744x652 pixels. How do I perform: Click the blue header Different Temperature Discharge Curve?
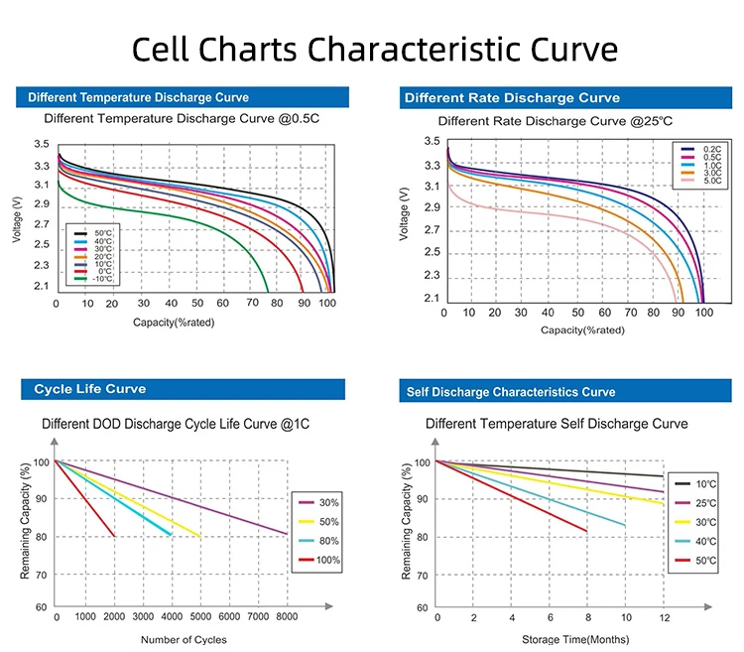pos(138,97)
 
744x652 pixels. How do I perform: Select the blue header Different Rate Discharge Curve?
pos(511,97)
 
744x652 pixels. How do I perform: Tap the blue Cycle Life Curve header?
pos(90,389)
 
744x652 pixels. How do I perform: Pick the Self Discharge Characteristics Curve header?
pos(511,392)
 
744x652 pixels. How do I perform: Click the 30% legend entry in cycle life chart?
pos(327,501)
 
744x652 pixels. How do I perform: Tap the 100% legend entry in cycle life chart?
pos(327,561)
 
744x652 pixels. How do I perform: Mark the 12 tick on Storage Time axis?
pos(663,617)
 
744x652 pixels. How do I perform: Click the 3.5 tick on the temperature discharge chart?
pos(41,145)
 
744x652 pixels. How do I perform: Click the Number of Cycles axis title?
pos(184,639)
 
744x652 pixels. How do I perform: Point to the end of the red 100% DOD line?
pos(114,536)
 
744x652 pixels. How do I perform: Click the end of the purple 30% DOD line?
pos(287,534)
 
